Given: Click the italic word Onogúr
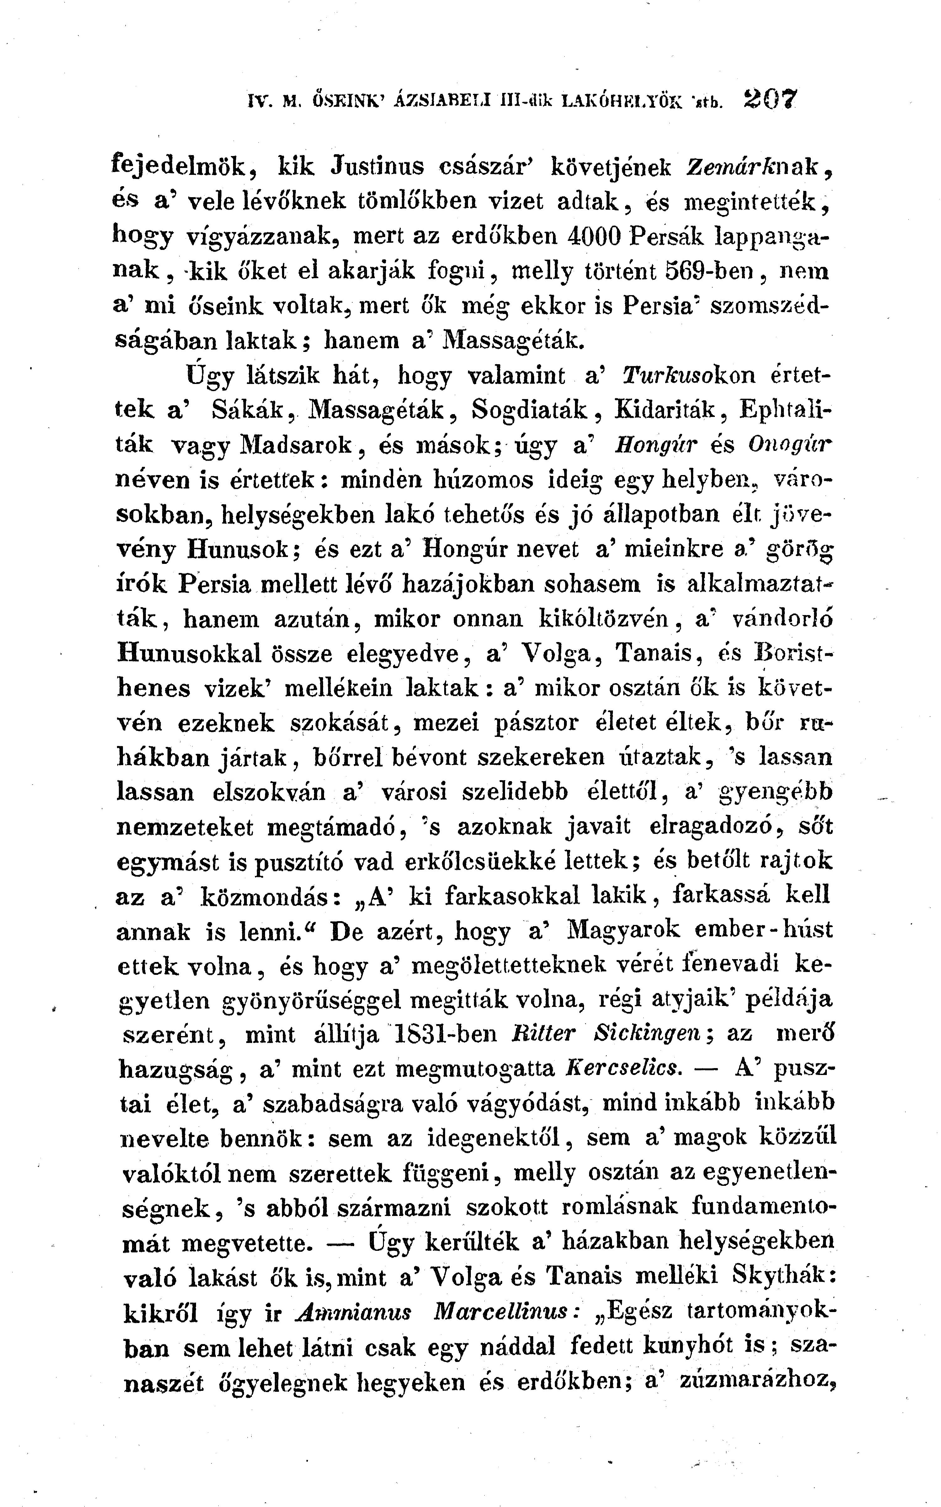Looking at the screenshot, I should pos(790,445).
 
